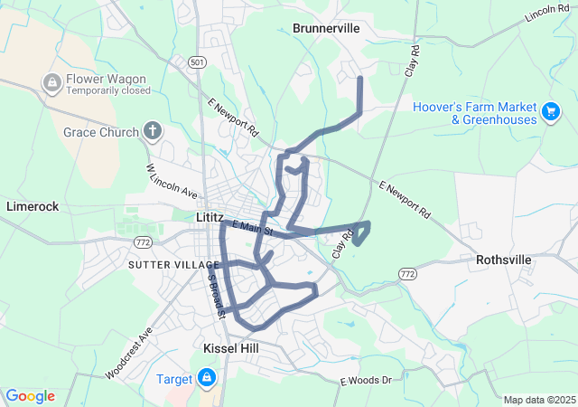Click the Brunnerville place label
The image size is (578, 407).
point(326,29)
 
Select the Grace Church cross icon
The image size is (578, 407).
point(153,132)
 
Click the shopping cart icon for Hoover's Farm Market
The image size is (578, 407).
point(550,111)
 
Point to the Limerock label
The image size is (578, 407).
point(33,206)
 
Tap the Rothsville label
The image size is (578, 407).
point(504,260)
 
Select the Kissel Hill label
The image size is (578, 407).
point(232,348)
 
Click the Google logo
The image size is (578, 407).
point(30,396)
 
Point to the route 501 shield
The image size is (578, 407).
point(199,62)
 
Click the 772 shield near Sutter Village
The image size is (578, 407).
point(142,242)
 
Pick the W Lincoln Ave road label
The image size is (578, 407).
point(172,182)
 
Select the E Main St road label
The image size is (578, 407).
point(253,228)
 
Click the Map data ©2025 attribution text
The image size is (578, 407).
point(538,400)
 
